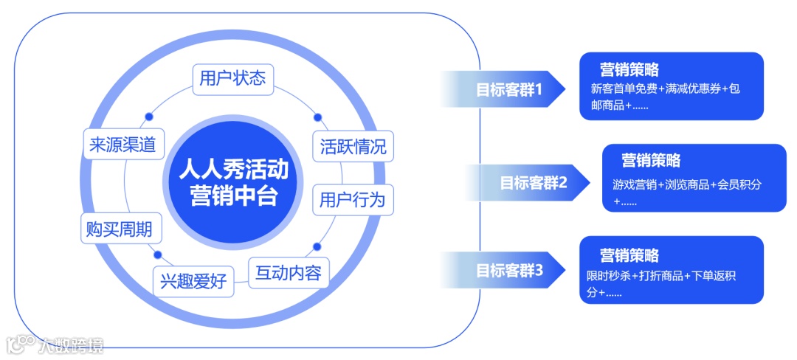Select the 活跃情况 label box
point(353,145)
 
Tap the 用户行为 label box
point(353,199)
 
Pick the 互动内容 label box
point(288,273)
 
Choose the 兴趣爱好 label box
point(193,282)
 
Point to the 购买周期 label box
point(119,229)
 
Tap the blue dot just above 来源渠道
point(148,116)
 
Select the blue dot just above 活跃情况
point(318,117)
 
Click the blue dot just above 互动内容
point(317,246)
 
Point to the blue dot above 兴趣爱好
point(157,255)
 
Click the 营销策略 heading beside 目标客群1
point(629,70)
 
